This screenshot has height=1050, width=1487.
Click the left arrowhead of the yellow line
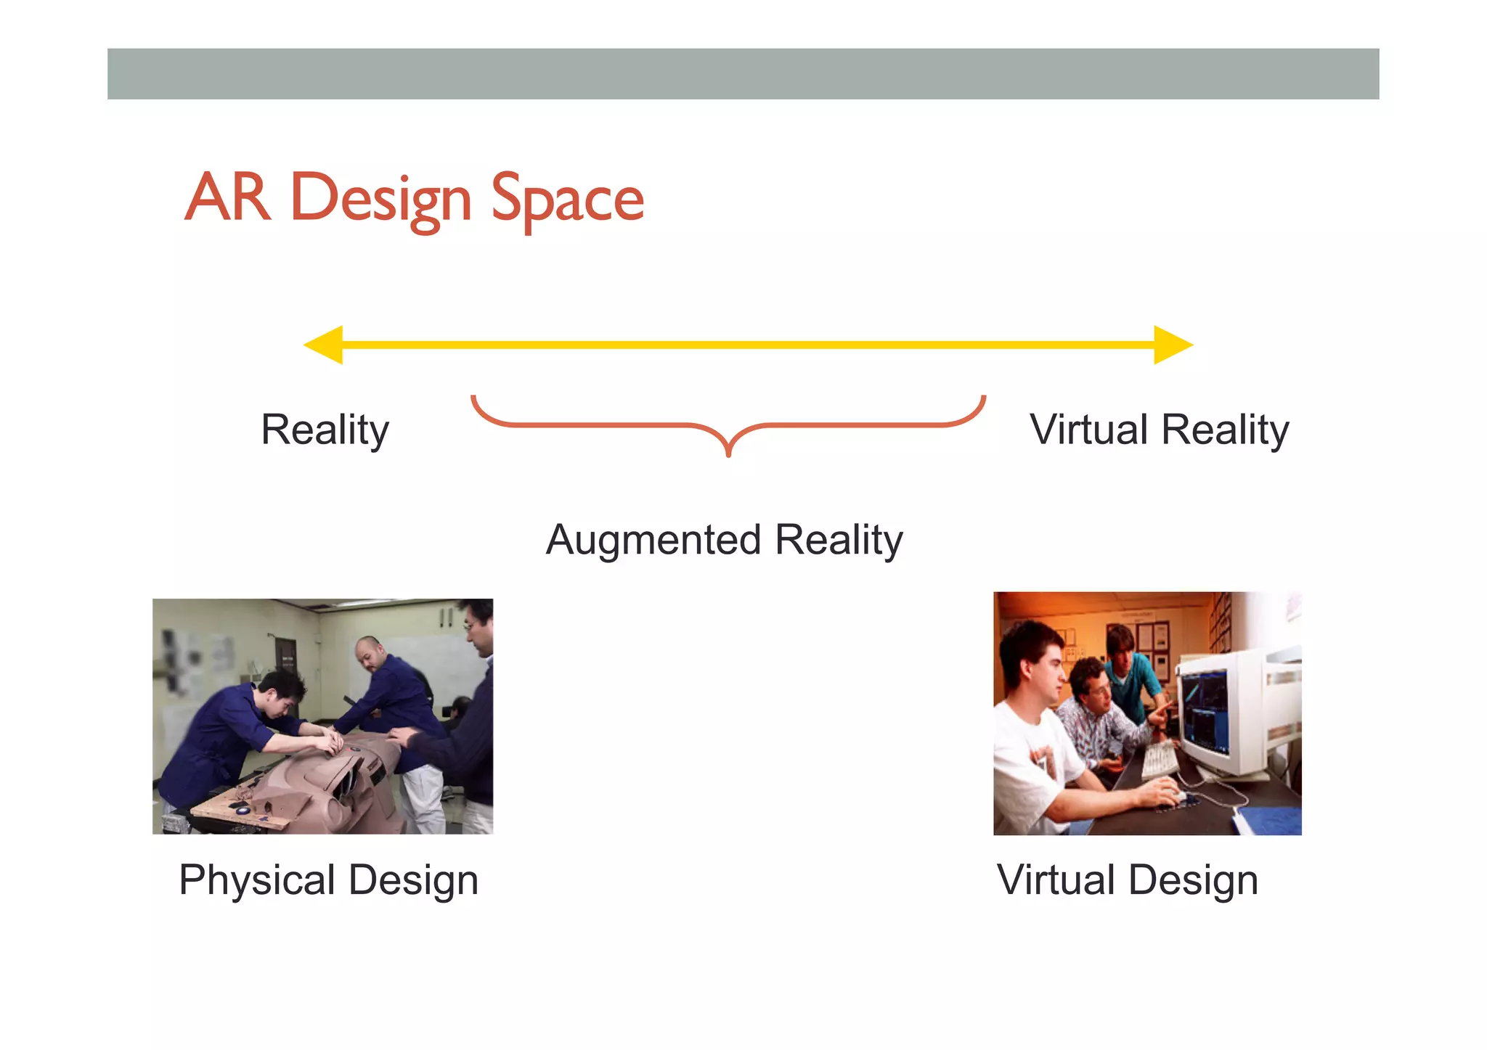coord(324,345)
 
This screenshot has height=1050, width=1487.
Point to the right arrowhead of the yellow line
coord(1172,345)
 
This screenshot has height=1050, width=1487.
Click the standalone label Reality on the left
coord(325,430)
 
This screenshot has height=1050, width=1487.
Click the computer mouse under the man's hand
coord(1170,796)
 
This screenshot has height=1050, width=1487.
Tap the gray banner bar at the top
coord(743,74)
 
